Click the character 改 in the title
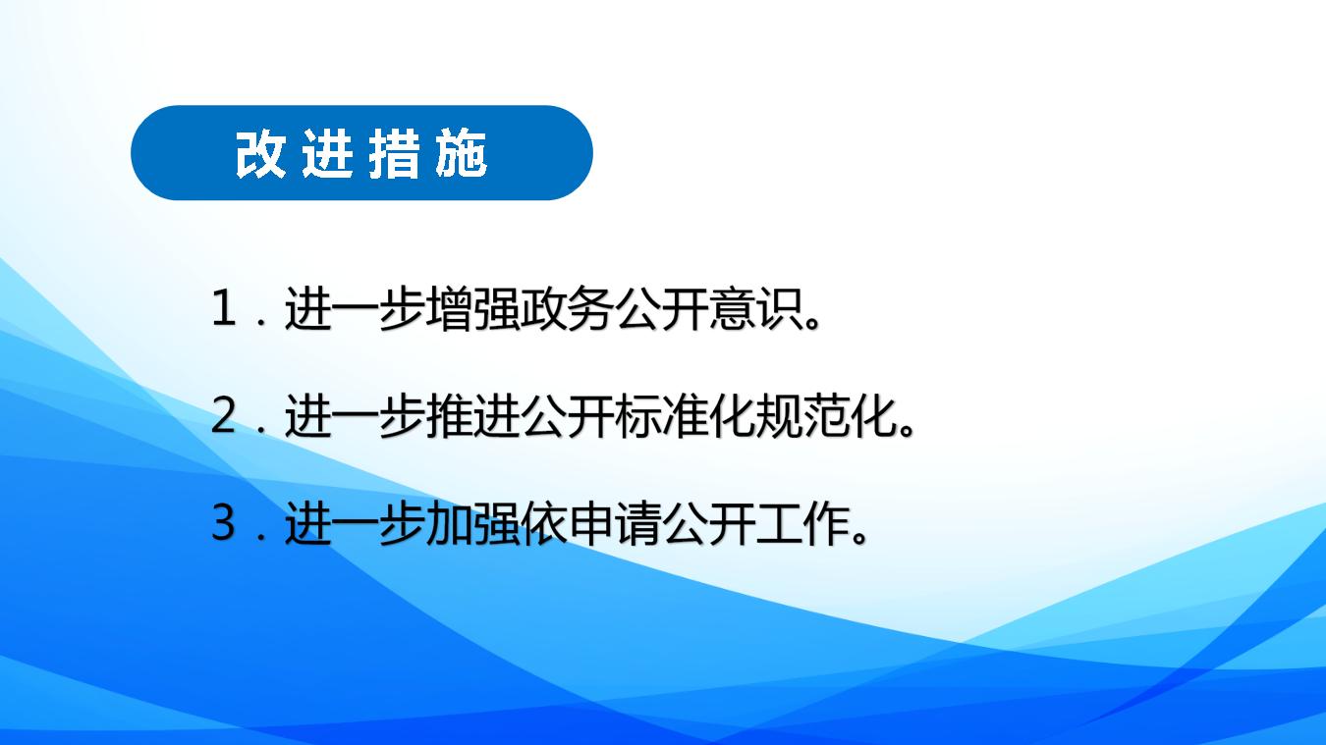(260, 154)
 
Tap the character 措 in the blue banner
(395, 154)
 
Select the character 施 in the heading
(462, 154)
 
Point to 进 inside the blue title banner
(327, 154)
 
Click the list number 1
(224, 308)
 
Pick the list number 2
(224, 416)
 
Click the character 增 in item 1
(449, 308)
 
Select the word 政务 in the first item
(567, 308)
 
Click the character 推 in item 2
(449, 416)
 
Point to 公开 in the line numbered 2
(567, 416)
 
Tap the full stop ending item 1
(812, 322)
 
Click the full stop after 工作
(858, 536)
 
